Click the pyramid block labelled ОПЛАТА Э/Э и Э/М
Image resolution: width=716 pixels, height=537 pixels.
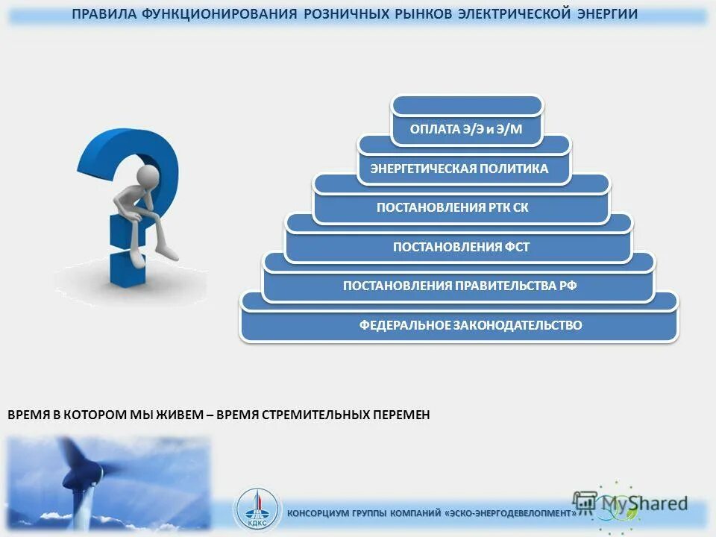[466, 130]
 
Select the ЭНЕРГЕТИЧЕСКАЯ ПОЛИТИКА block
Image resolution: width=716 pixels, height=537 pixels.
[459, 169]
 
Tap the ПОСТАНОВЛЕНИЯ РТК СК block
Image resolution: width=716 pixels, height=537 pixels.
[453, 207]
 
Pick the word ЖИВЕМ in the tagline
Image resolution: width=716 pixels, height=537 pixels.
[180, 415]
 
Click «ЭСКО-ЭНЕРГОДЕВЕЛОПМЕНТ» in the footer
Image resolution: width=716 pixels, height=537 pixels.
[512, 514]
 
